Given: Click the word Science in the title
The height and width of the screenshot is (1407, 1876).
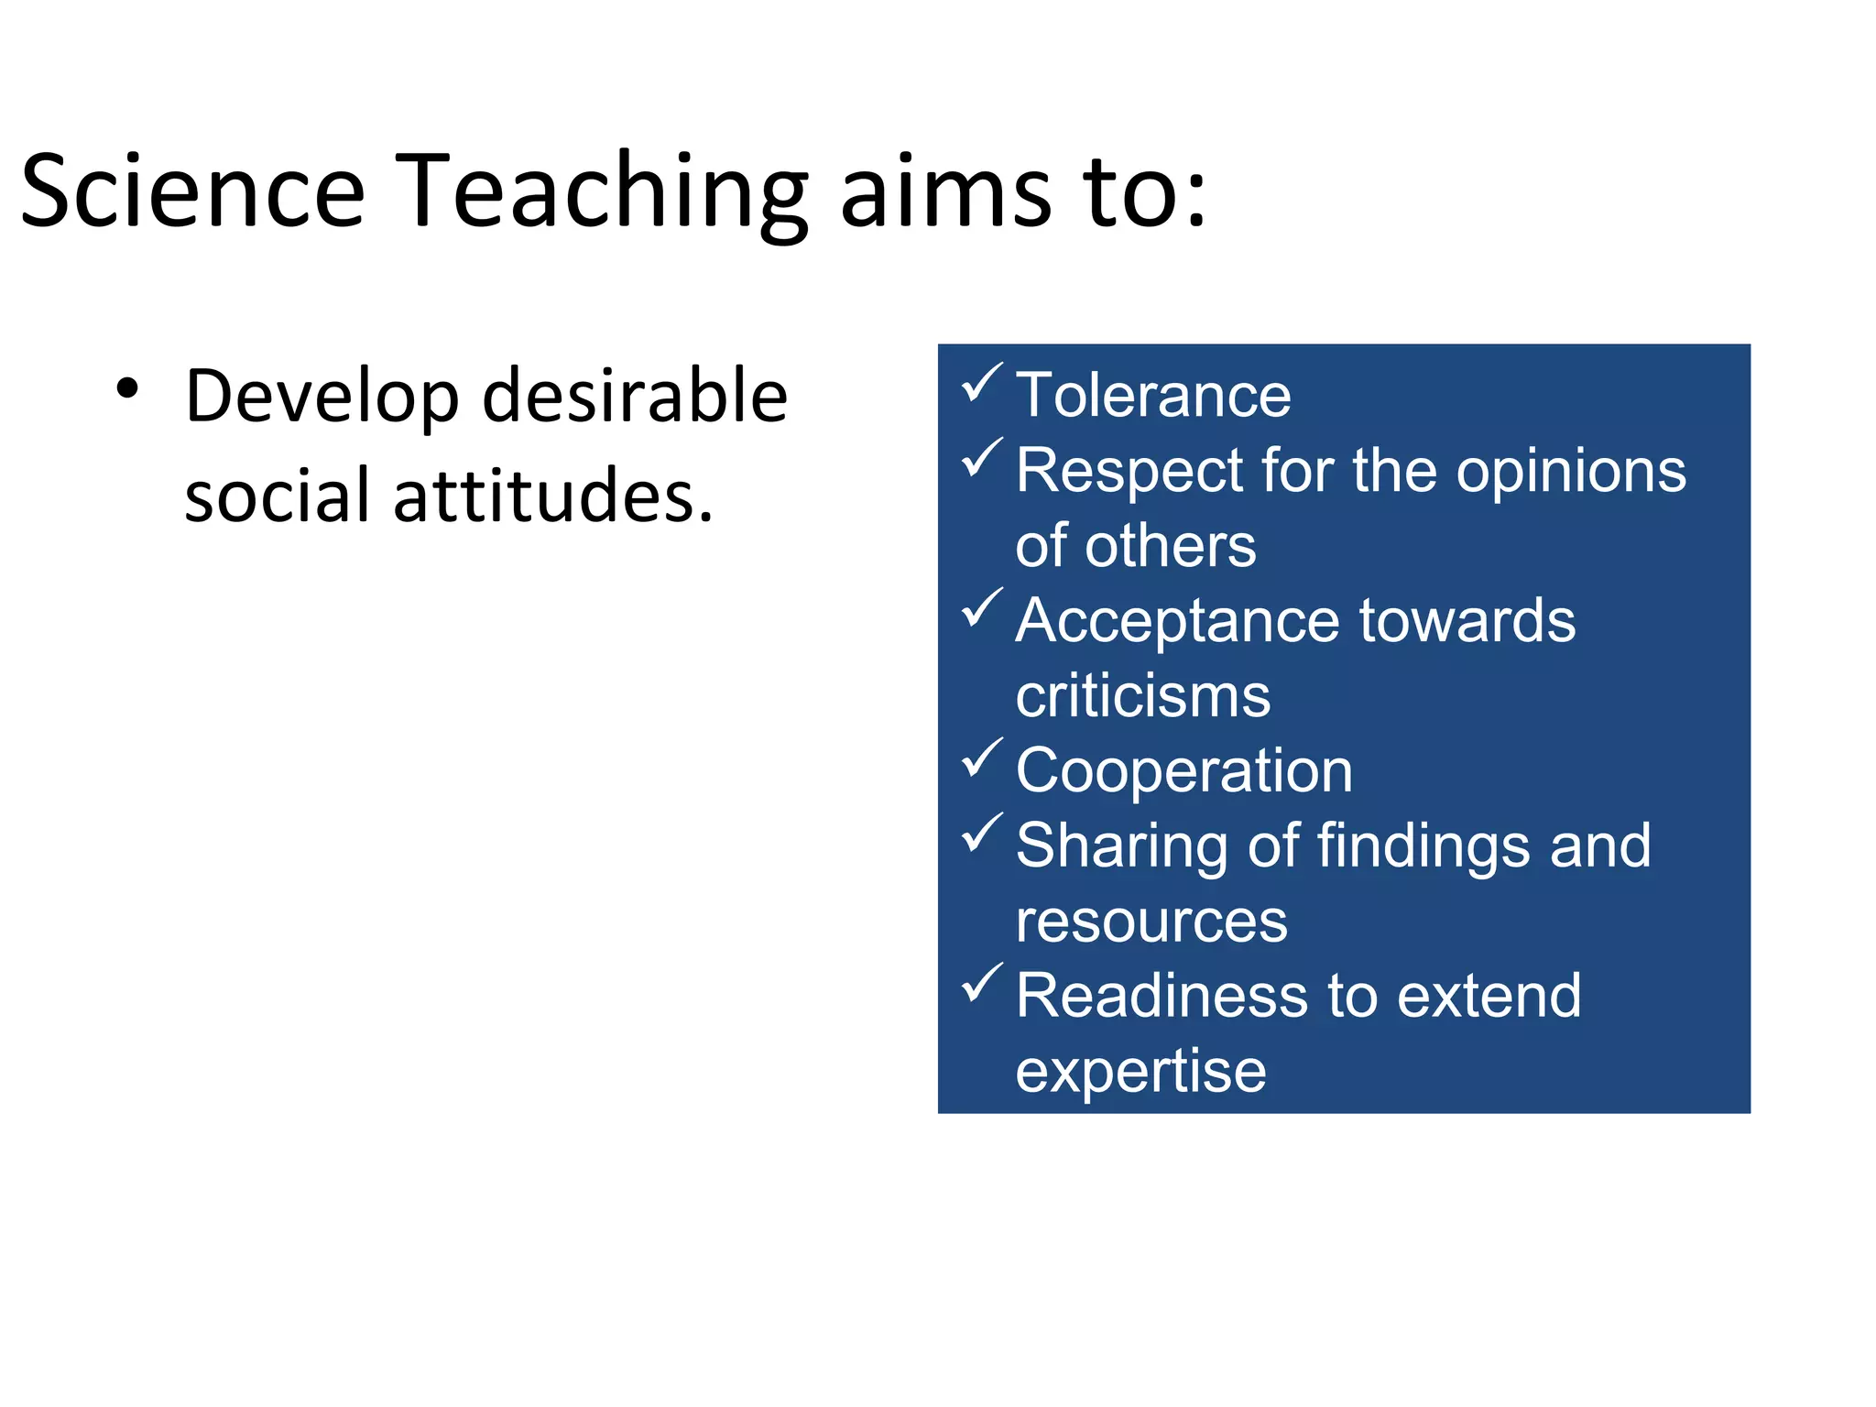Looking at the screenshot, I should pos(192,192).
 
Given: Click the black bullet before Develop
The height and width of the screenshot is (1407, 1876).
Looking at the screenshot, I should pos(127,388).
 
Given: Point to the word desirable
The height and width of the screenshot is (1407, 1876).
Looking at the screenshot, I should pos(635,397).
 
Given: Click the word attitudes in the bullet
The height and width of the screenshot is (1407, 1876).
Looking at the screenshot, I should pos(552,496).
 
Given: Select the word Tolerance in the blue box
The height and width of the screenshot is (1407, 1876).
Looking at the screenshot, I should pos(1153,396).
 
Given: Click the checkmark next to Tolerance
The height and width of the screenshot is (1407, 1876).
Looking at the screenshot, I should pos(981,383).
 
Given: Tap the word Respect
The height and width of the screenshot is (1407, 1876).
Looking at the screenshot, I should pos(1129,471).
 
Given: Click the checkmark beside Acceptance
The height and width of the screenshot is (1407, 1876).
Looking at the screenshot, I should pos(981,608).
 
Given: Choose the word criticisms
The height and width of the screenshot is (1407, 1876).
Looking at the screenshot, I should pos(1142,696).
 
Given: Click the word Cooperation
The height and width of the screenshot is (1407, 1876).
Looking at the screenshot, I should pos(1183,771).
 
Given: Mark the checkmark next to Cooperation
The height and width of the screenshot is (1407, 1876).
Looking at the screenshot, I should pos(981,758).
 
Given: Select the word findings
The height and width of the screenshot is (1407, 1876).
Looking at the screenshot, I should pos(1423,846).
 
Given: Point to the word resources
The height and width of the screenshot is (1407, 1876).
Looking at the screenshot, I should pos(1151,922).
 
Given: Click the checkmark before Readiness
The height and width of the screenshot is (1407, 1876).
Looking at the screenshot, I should pos(981,984).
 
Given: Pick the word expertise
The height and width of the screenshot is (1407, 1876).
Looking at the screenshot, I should pos(1140,1072).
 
